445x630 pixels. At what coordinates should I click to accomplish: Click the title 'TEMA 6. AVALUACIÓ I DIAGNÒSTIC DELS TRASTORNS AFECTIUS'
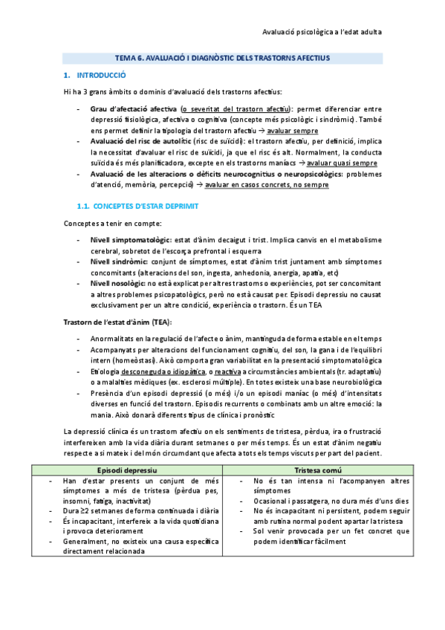coord(222,57)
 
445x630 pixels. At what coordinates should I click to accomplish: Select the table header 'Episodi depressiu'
coord(128,471)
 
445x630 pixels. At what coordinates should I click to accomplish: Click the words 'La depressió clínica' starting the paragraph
coord(95,431)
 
